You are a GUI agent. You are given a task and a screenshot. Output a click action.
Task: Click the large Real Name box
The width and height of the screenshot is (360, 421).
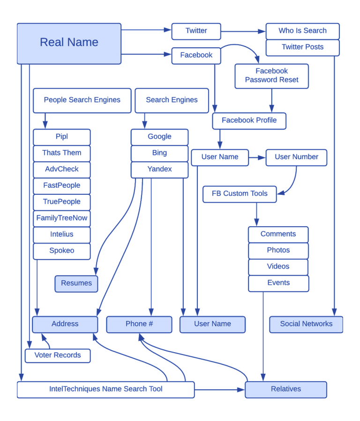(x=69, y=43)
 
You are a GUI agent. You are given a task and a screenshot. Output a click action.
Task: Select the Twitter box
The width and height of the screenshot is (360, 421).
(x=196, y=31)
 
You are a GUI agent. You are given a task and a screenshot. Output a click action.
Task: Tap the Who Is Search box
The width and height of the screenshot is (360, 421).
(x=302, y=31)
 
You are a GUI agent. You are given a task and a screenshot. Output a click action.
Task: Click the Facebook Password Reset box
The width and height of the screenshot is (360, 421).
(x=271, y=76)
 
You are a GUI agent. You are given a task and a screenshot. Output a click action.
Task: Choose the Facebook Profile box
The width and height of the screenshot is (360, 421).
(x=249, y=121)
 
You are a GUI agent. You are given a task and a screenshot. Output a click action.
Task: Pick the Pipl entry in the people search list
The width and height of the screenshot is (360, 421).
(x=61, y=137)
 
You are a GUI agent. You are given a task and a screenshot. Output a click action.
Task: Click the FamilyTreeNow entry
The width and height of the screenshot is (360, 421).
(x=61, y=218)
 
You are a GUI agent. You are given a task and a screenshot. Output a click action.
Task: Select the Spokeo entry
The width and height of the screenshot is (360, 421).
(x=61, y=251)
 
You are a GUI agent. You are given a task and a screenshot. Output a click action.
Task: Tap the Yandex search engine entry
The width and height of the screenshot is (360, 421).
(x=159, y=170)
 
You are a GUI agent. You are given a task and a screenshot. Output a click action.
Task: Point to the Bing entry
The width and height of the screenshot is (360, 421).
(x=159, y=153)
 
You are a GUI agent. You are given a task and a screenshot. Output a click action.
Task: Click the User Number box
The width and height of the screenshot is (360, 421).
(x=296, y=157)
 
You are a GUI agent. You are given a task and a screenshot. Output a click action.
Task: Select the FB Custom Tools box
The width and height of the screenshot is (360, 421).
(x=240, y=194)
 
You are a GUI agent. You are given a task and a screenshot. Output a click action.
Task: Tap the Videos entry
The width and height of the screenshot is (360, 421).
(x=278, y=266)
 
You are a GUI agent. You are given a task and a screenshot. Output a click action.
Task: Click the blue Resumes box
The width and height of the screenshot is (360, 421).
(x=76, y=284)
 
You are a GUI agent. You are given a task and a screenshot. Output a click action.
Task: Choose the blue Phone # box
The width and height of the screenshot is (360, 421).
(x=139, y=324)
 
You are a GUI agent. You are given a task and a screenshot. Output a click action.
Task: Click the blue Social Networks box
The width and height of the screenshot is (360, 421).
(x=306, y=324)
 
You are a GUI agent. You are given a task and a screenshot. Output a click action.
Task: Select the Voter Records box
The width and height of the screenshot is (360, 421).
(x=58, y=355)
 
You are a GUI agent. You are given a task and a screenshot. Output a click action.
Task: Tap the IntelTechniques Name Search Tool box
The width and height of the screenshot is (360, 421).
(x=106, y=389)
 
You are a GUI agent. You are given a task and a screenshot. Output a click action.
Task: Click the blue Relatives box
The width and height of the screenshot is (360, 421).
(x=286, y=389)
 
